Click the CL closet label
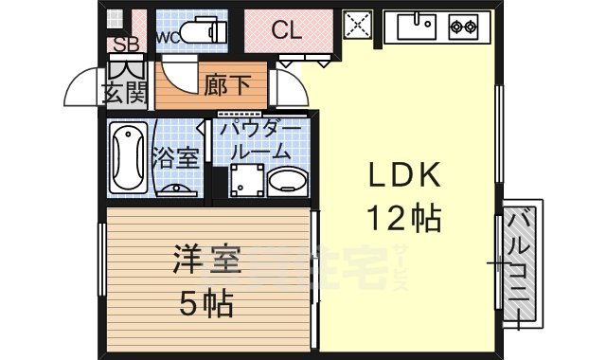287,30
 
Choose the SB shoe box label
127,44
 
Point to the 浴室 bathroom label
178,157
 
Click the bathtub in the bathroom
127,158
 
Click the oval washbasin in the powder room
287,181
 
